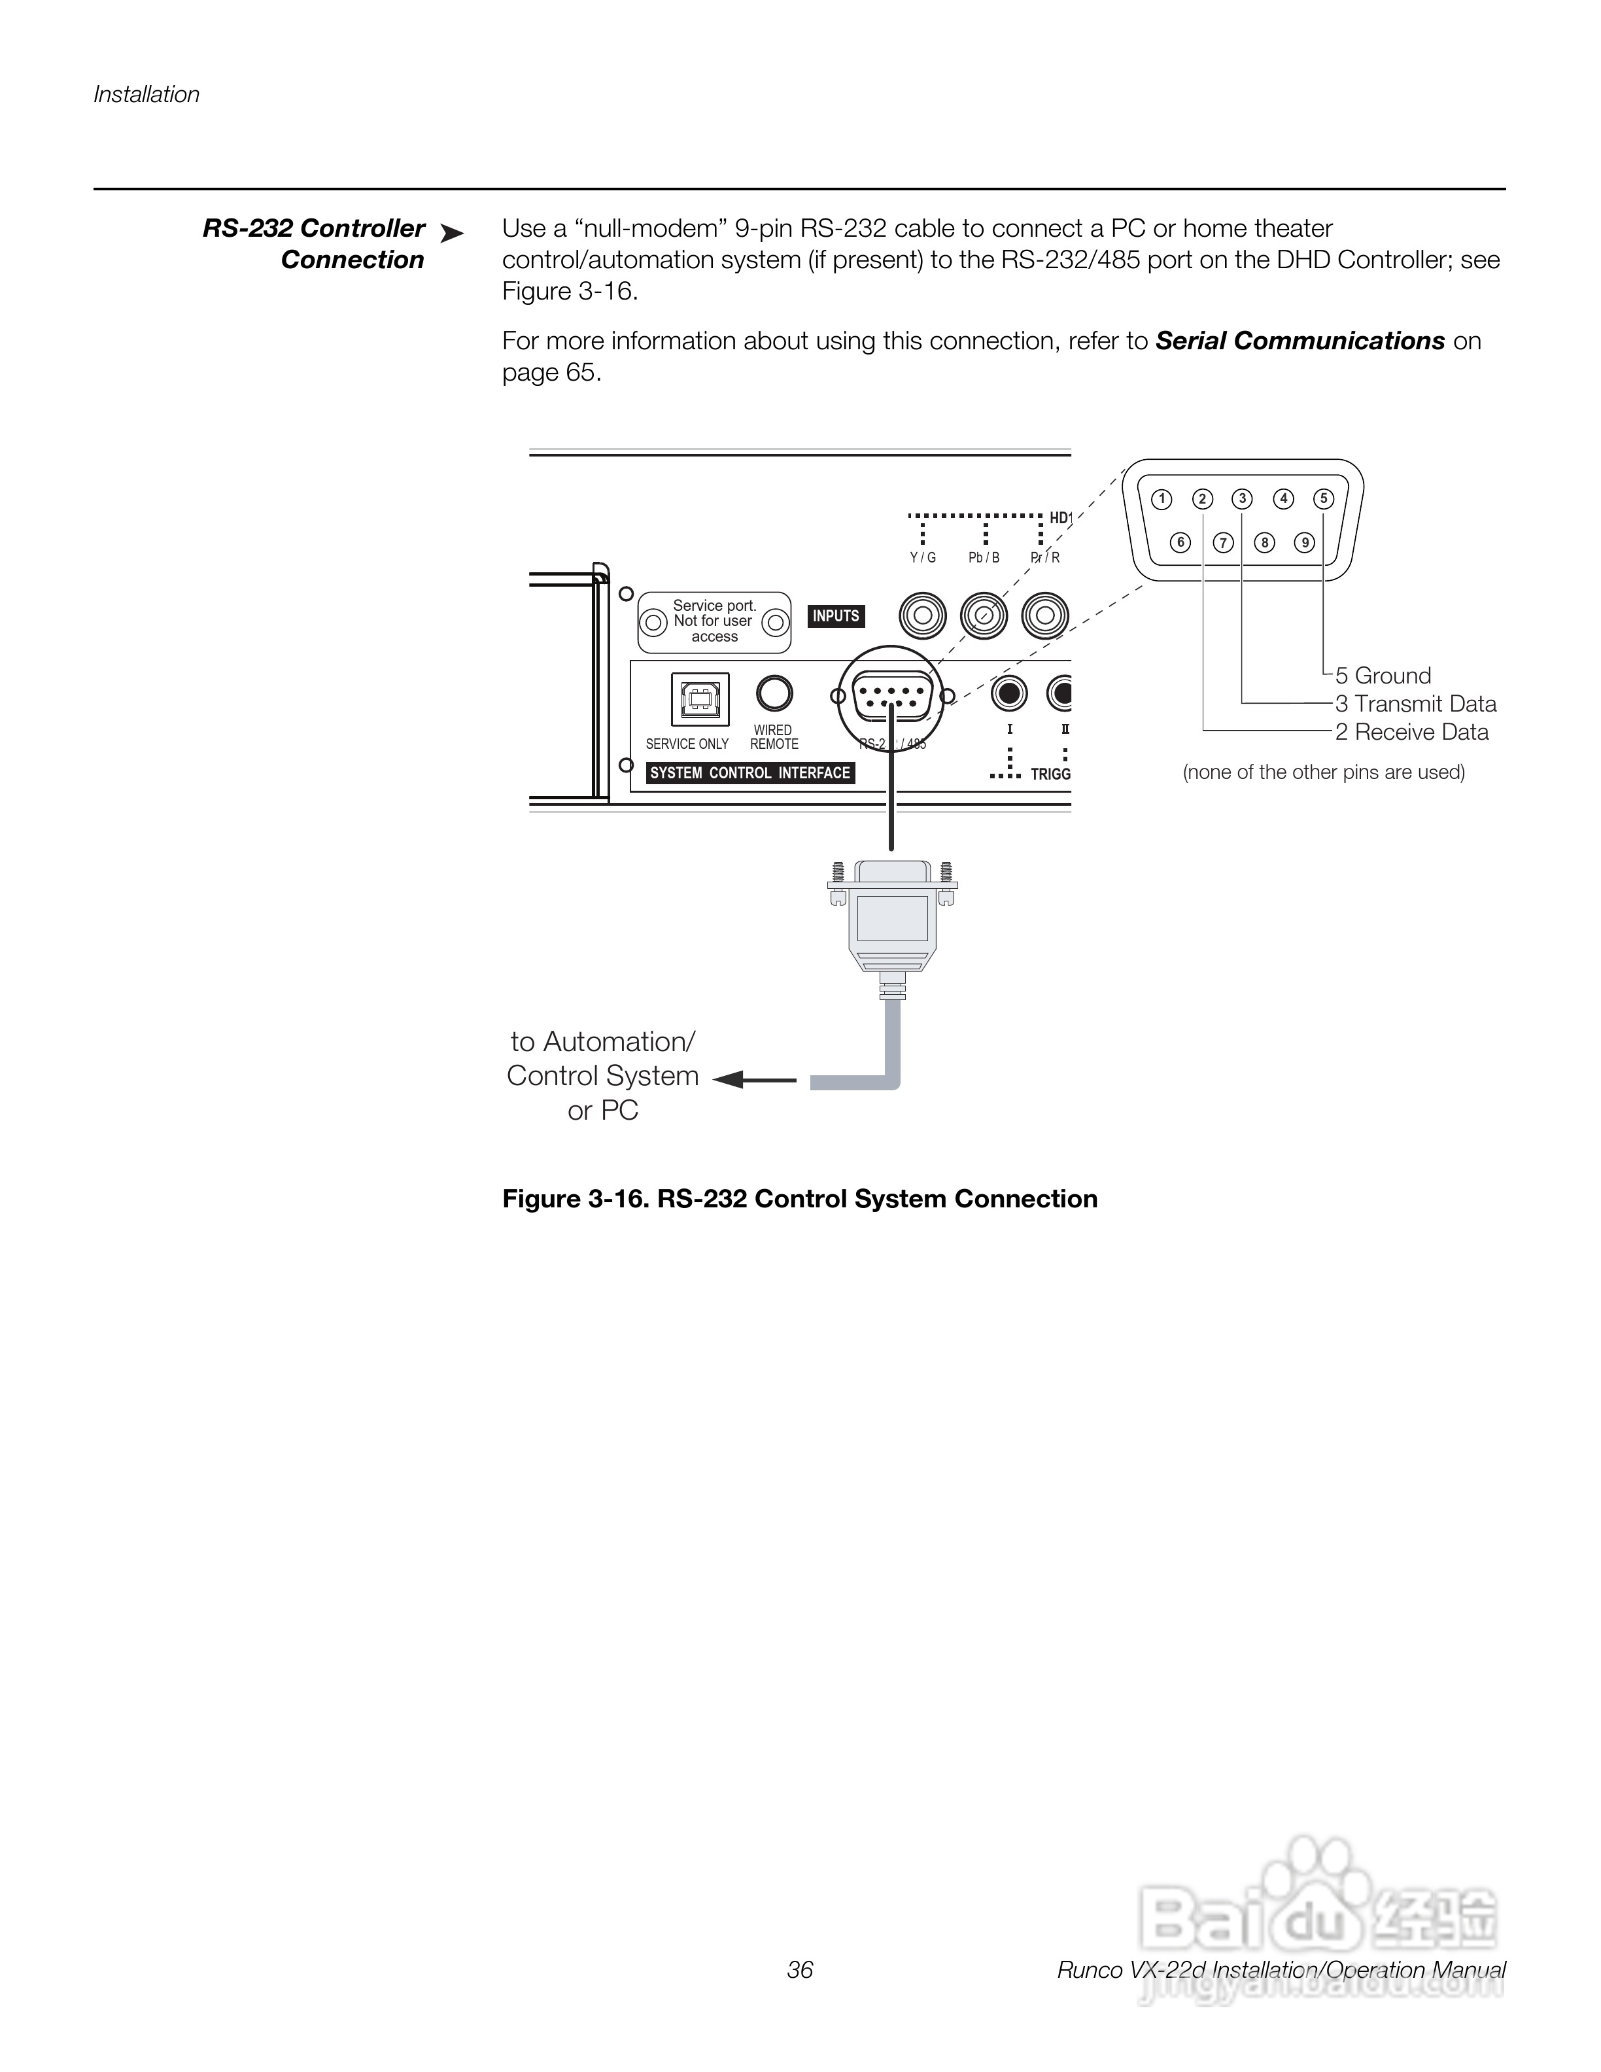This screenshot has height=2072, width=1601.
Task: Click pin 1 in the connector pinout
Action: point(1161,499)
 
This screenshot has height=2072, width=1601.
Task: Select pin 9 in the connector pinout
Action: point(1305,543)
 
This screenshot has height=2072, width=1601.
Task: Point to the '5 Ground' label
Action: point(1383,676)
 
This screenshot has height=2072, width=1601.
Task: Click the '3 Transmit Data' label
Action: point(1415,704)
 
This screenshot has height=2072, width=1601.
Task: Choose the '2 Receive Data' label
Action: point(1411,733)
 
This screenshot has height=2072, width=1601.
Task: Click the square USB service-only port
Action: point(700,699)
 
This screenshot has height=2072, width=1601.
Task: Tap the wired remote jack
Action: point(774,693)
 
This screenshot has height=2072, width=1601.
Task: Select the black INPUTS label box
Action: point(836,617)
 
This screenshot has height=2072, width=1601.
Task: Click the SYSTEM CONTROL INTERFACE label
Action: point(749,773)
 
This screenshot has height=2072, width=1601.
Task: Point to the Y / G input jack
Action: point(923,617)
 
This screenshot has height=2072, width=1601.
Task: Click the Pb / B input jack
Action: point(984,617)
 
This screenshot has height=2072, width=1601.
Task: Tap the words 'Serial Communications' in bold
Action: point(1300,341)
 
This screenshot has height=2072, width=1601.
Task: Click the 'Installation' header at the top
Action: point(146,95)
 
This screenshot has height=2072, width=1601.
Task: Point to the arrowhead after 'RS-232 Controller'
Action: point(453,233)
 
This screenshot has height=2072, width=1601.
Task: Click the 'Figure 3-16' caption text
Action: point(800,1199)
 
